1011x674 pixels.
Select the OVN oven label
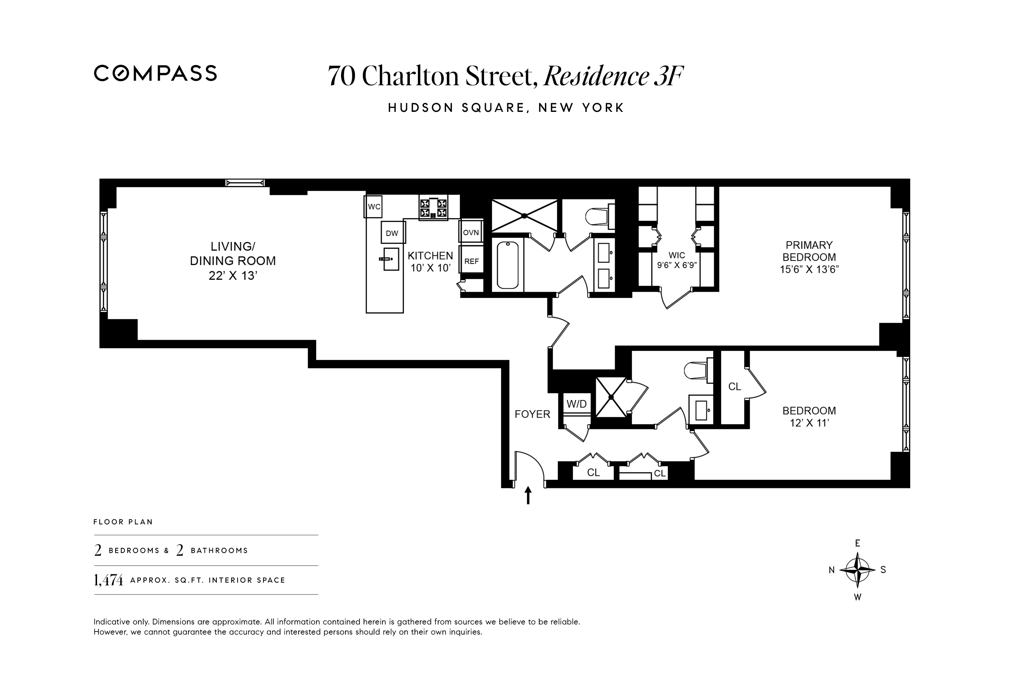pyautogui.click(x=471, y=233)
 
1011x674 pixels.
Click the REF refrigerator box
pyautogui.click(x=471, y=261)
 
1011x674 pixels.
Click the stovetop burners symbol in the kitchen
pyautogui.click(x=433, y=208)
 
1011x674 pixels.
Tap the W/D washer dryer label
pyautogui.click(x=576, y=404)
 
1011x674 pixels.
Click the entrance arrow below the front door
pyautogui.click(x=528, y=495)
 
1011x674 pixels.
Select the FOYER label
pyautogui.click(x=532, y=414)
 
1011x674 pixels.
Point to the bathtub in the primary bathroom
pyautogui.click(x=507, y=265)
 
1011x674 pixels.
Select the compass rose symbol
pyautogui.click(x=857, y=570)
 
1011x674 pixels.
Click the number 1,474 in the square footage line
pyautogui.click(x=108, y=580)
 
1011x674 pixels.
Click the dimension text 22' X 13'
pyautogui.click(x=233, y=276)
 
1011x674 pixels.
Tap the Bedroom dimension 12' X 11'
pyautogui.click(x=809, y=423)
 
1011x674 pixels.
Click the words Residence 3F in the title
pyautogui.click(x=613, y=76)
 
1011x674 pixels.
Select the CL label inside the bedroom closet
pyautogui.click(x=735, y=387)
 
